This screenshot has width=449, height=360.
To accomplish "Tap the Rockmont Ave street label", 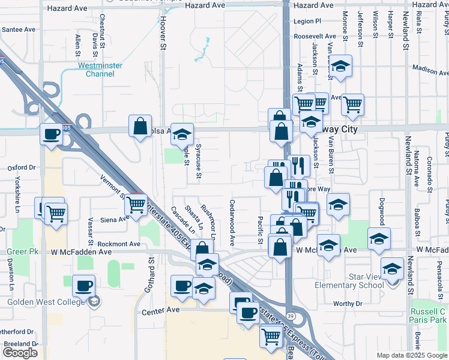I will click(118, 244).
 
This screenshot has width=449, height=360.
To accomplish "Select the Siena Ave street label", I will click(115, 219).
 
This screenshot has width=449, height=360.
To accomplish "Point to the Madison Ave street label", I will click(430, 70).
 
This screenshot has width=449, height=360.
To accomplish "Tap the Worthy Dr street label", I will click(348, 304).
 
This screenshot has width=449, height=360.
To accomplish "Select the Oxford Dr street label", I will click(22, 168).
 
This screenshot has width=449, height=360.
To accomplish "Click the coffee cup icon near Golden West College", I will click(83, 286).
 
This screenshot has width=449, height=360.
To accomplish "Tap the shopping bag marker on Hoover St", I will click(140, 127).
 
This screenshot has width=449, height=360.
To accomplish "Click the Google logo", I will click(20, 353).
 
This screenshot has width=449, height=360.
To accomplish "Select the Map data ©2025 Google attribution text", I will click(412, 355).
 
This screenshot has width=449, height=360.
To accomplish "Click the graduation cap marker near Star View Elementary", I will click(392, 268).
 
